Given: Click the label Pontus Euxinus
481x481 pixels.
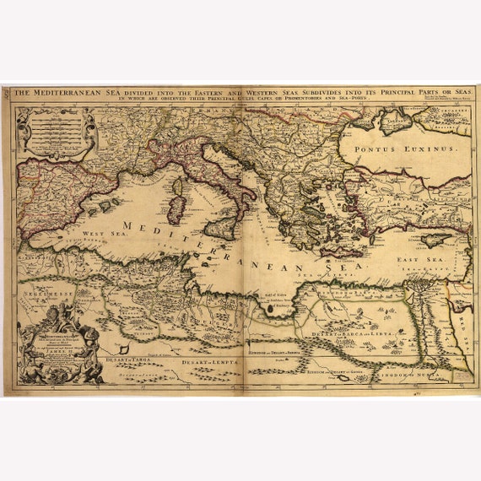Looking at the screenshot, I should [407, 148].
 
